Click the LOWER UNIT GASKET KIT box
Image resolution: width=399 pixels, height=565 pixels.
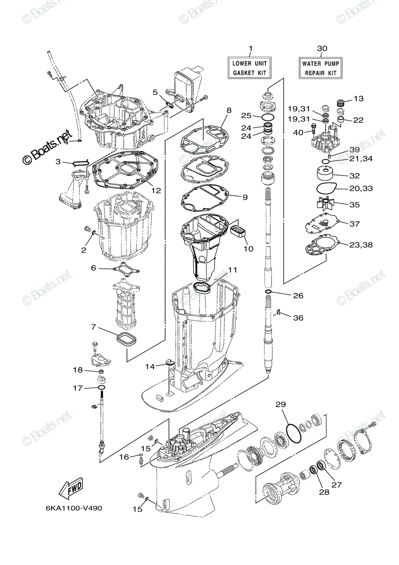coord(250,68)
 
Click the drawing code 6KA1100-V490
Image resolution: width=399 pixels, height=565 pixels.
coord(74,508)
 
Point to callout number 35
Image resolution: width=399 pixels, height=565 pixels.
coord(354,205)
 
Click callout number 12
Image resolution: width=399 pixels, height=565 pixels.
coord(156,191)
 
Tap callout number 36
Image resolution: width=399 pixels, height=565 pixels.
coord(298,318)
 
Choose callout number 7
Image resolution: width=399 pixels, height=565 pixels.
coord(94,327)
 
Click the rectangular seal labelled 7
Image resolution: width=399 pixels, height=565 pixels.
coord(125,339)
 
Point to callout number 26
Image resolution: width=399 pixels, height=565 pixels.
coord(298,296)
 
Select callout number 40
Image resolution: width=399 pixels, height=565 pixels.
coord(298,133)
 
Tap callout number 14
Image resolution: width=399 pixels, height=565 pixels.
coord(150,366)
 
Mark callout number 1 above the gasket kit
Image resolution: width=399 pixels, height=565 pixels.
coord(250,48)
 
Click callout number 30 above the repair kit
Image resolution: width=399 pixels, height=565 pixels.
coord(322,48)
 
